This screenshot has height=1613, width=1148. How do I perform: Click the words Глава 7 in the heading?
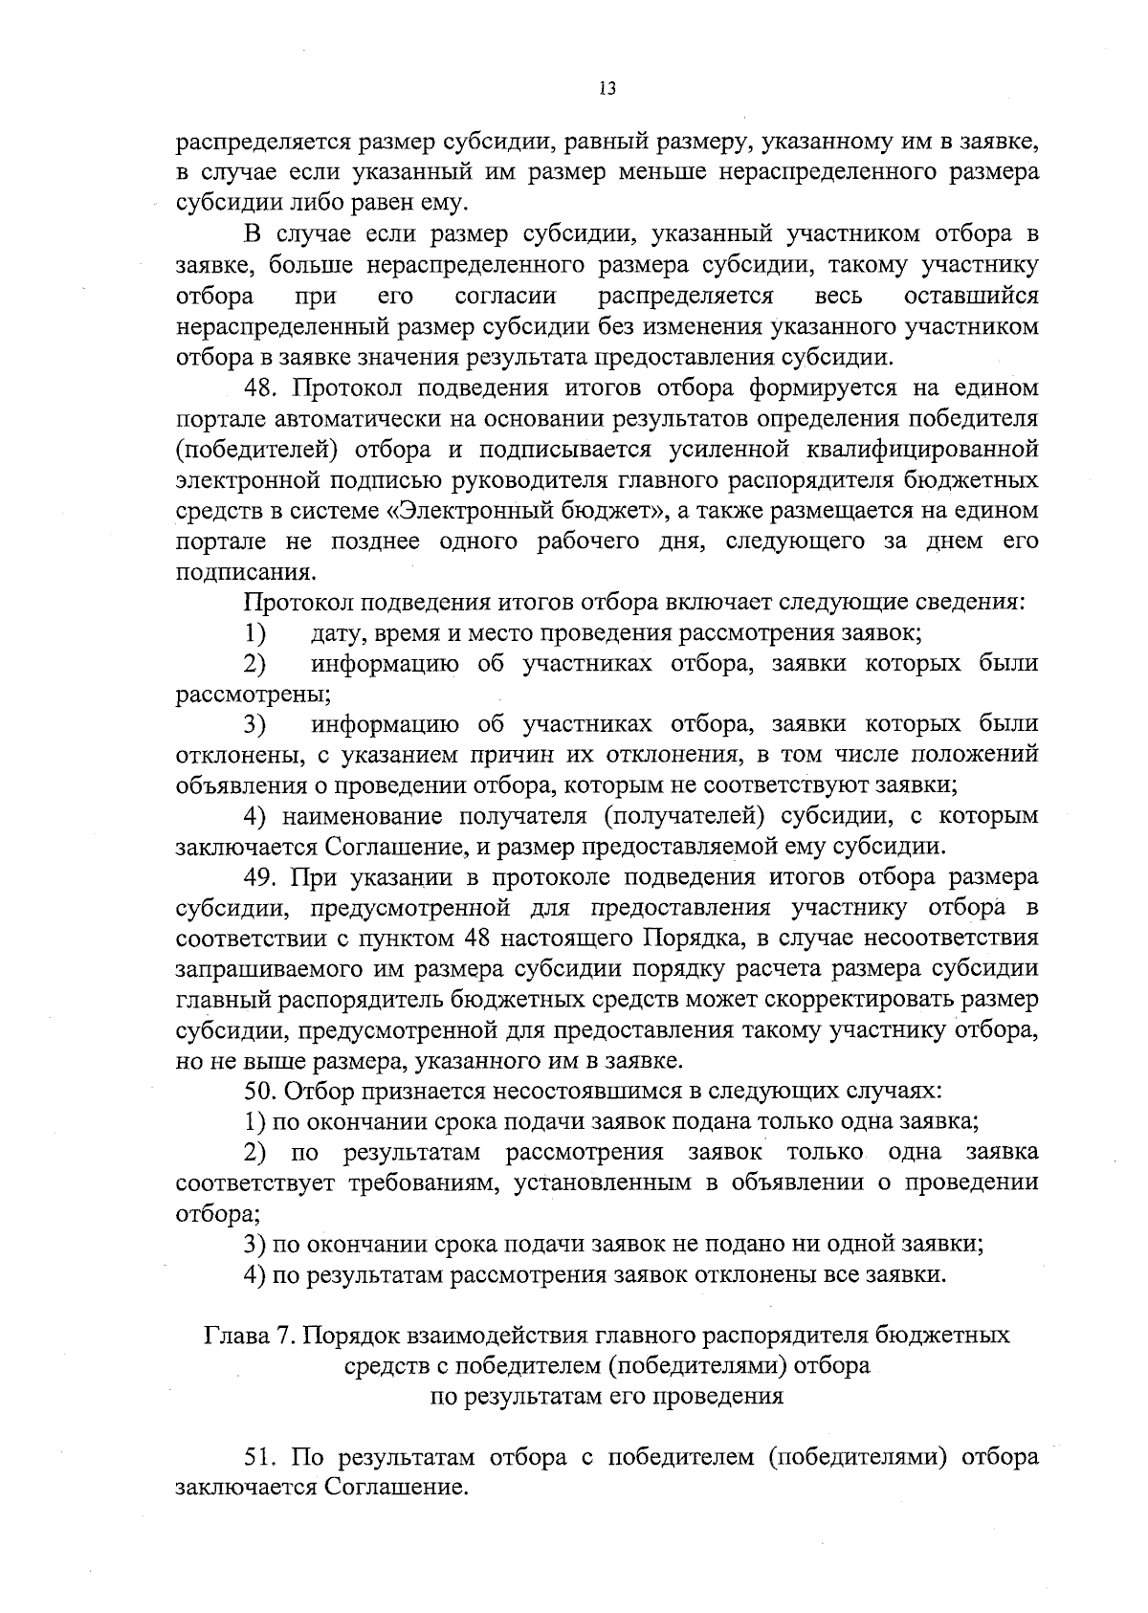249,1335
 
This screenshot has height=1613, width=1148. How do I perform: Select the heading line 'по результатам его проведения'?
607,1396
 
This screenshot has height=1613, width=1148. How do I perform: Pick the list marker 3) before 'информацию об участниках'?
254,724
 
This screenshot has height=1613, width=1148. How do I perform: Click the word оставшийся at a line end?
971,296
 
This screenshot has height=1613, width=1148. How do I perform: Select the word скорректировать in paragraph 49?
847,1000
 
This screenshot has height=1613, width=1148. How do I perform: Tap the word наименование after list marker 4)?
354,816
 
